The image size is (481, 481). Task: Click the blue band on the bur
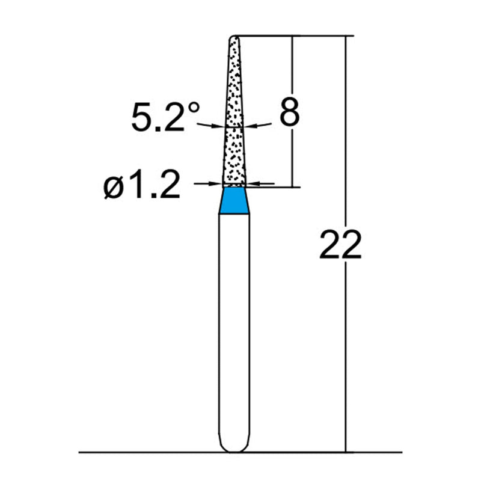[234, 200]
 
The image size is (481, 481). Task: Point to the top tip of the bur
[234, 38]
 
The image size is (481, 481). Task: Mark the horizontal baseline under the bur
[150, 452]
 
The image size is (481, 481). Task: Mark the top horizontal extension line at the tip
[295, 36]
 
